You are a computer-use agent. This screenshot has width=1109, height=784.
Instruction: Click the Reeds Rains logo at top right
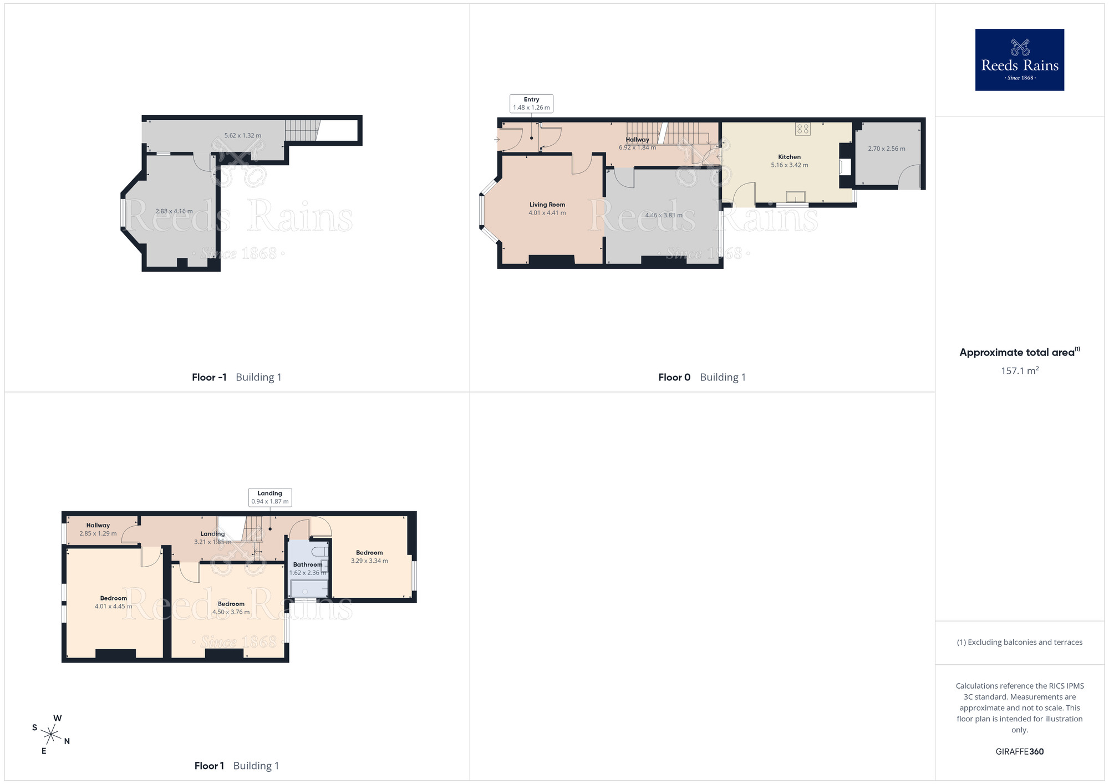pos(1019,60)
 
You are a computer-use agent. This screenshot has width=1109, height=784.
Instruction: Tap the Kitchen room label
pos(789,157)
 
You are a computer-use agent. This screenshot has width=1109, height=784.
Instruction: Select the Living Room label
pos(547,205)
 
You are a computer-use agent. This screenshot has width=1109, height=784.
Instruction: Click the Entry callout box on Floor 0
pos(531,104)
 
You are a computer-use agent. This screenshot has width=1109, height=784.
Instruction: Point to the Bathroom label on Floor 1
pos(308,564)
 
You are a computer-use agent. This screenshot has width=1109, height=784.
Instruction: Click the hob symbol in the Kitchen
pos(803,129)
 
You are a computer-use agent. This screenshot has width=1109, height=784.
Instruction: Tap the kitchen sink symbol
pos(795,197)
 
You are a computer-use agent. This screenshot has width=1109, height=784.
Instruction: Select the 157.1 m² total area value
pos(1019,371)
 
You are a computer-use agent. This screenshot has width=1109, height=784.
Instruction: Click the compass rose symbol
pos(50,735)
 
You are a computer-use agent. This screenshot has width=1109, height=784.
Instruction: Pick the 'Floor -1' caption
pos(209,378)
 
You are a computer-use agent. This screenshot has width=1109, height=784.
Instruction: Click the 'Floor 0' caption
pos(674,378)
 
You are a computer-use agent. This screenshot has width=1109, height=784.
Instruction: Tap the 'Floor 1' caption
pos(209,766)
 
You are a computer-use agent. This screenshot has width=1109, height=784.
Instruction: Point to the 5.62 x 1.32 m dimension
pos(243,136)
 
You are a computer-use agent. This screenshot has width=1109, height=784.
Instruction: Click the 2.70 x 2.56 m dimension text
pos(887,149)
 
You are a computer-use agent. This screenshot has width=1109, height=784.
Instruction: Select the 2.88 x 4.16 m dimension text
pos(174,211)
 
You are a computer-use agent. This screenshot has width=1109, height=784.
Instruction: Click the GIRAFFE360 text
pos(1019,752)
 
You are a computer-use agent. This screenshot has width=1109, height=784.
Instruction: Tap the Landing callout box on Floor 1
pos(269,497)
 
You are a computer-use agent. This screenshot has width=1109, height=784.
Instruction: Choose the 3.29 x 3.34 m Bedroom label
pos(369,557)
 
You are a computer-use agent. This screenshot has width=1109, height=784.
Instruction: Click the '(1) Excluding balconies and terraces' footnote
pos(1019,643)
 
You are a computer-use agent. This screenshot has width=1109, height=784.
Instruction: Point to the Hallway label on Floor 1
pos(98,526)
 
